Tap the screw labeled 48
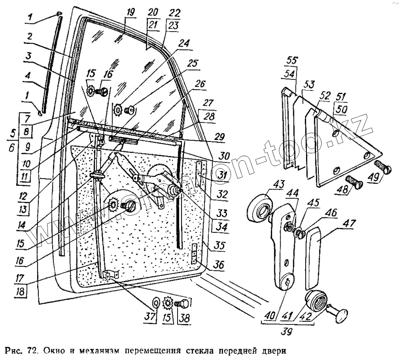[354, 183]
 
